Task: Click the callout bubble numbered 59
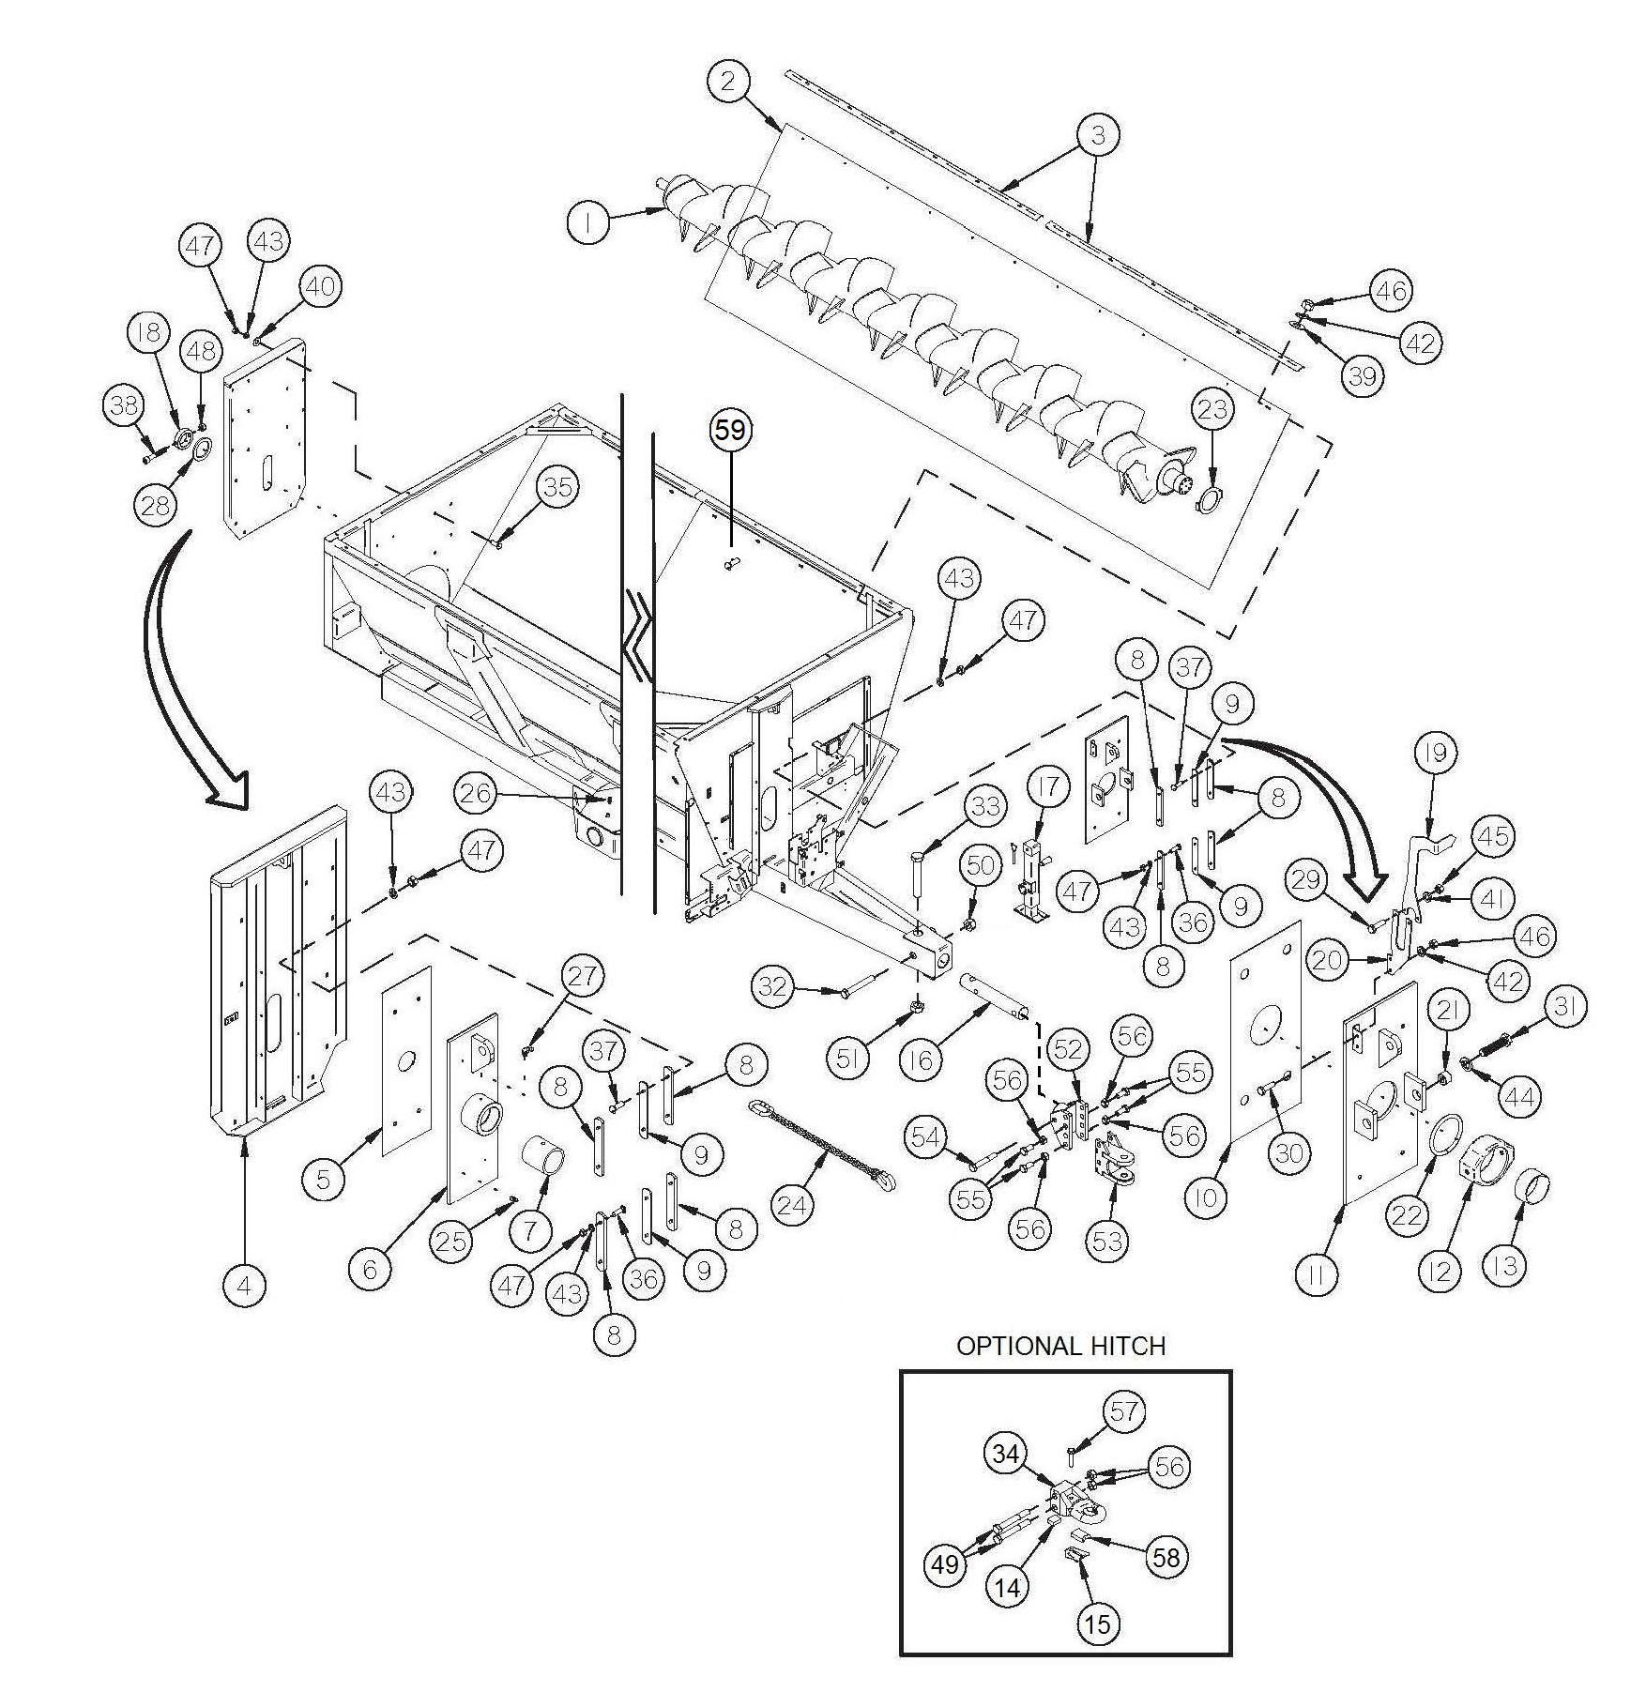pyautogui.click(x=730, y=430)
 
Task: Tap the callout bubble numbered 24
pyautogui.click(x=792, y=1204)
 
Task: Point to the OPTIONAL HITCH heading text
pyautogui.click(x=1060, y=1346)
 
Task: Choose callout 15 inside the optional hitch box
pyautogui.click(x=1097, y=1623)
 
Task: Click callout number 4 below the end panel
pyautogui.click(x=245, y=1285)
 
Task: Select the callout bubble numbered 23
pyautogui.click(x=1212, y=409)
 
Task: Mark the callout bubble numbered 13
pyautogui.click(x=1504, y=1266)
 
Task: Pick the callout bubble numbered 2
pyautogui.click(x=729, y=82)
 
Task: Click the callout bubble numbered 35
pyautogui.click(x=557, y=486)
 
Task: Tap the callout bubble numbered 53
pyautogui.click(x=1108, y=1241)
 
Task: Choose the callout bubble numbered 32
pyautogui.click(x=772, y=985)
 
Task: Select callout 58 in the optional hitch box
pyautogui.click(x=1166, y=1557)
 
